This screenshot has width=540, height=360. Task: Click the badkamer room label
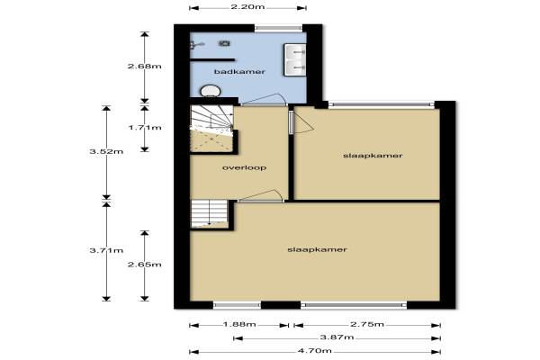[x=239, y=72]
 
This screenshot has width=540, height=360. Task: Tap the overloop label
[x=244, y=167]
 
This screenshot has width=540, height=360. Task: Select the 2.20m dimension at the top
[x=247, y=6]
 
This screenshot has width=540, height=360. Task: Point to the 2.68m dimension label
[x=145, y=66]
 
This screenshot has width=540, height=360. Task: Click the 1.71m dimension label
[x=145, y=128]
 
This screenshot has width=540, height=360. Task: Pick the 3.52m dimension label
[x=106, y=151]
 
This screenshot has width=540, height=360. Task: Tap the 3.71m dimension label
[x=106, y=250]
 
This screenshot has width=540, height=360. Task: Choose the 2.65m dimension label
[x=145, y=265]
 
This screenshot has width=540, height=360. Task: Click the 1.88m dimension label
[x=239, y=325]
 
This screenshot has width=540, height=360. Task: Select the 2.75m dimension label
[x=367, y=325]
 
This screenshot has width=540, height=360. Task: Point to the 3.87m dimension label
[x=337, y=337]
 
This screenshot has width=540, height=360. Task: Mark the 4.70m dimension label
[x=315, y=351]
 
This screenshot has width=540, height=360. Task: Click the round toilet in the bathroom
[x=210, y=91]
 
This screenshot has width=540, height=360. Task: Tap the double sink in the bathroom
[x=295, y=59]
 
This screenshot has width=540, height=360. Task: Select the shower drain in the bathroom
[x=224, y=43]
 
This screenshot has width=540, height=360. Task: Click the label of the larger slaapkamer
[x=317, y=249]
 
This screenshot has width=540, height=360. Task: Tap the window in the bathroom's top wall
[x=279, y=28]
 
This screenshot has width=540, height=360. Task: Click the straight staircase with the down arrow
[x=209, y=214]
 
